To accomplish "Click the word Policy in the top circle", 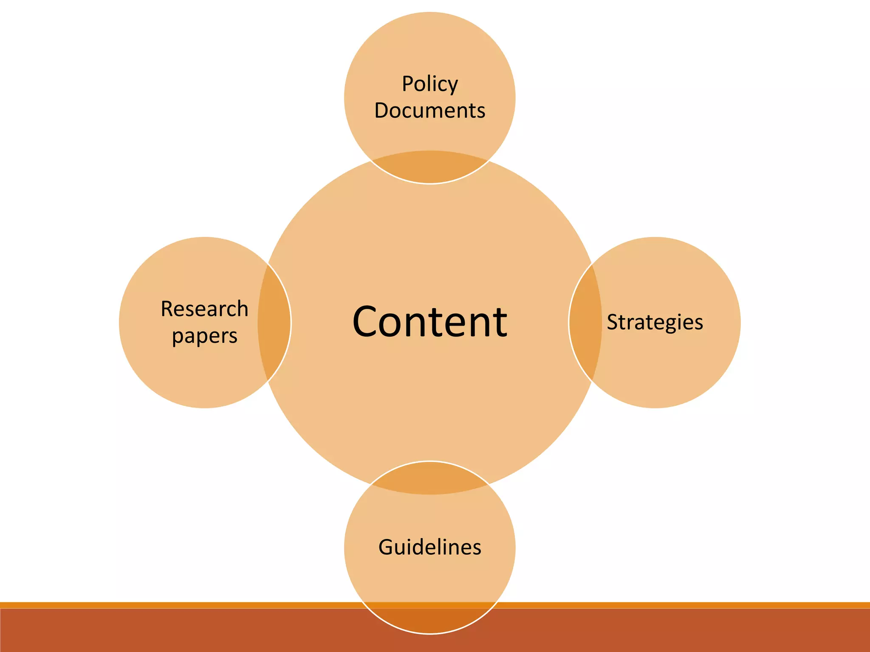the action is (x=429, y=84).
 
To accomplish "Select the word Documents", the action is (x=429, y=111).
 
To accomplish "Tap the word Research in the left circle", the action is (x=204, y=309).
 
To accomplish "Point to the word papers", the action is (x=204, y=336).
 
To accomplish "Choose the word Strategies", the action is (x=655, y=322).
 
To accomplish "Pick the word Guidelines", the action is (x=429, y=547).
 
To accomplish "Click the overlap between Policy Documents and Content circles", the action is (x=429, y=168).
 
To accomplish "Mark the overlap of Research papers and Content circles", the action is (x=274, y=323).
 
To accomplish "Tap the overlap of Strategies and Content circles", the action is (x=585, y=323).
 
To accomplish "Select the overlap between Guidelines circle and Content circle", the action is (x=429, y=478).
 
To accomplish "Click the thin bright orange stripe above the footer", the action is (x=170, y=605).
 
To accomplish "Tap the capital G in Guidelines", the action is (x=387, y=547).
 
